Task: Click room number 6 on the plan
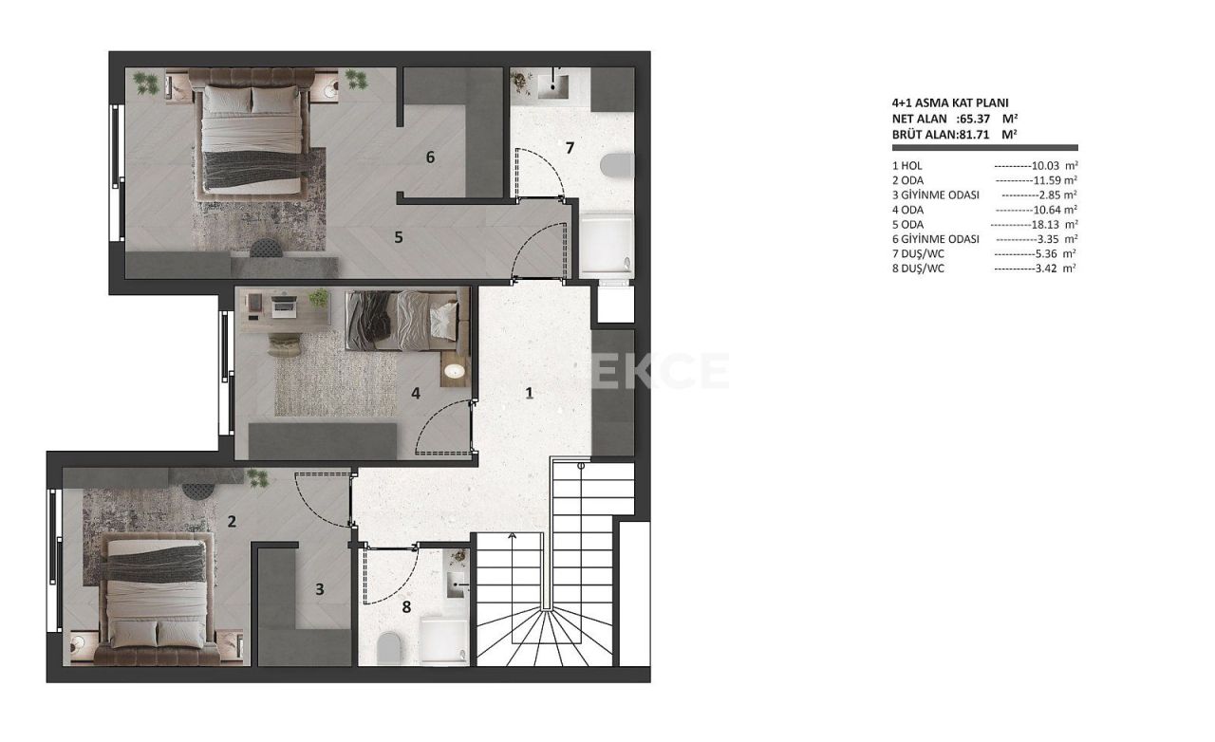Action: point(430,158)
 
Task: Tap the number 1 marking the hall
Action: point(530,393)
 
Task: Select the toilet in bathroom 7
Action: point(617,167)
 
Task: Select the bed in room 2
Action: point(156,593)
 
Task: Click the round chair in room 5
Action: point(267,249)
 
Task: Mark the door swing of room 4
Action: point(442,427)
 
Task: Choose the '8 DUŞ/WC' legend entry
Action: point(919,269)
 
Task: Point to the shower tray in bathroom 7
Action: point(605,247)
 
